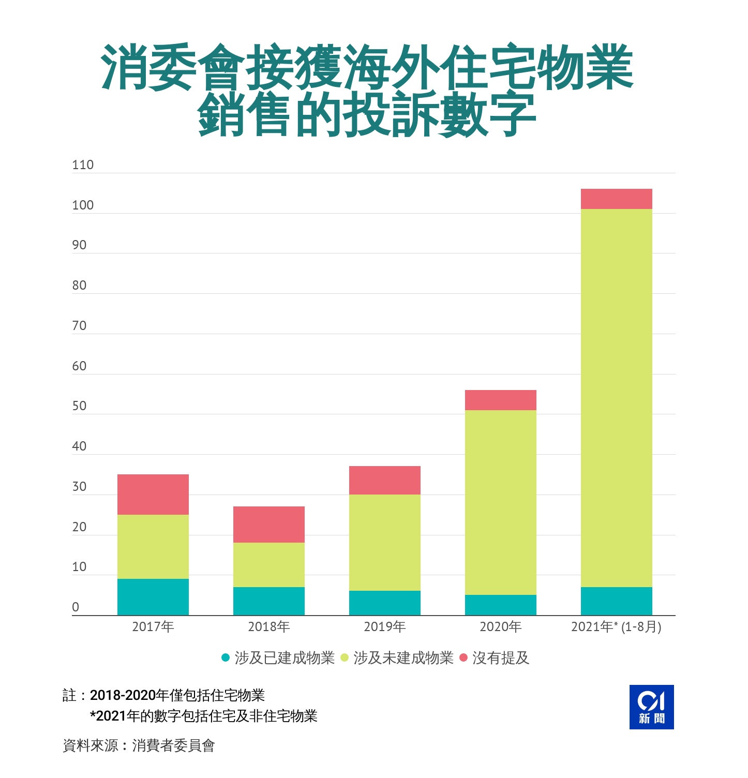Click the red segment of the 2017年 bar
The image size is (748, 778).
(x=153, y=494)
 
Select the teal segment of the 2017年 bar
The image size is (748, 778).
(x=153, y=596)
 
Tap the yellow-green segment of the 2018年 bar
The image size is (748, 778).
(x=268, y=564)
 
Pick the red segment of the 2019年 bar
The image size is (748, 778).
(x=384, y=480)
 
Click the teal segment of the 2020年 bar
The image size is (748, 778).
(x=500, y=605)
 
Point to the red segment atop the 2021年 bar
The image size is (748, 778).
(x=616, y=199)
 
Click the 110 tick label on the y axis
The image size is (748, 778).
(x=83, y=165)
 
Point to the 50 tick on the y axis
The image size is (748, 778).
(x=79, y=406)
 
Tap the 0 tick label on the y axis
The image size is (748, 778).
(x=76, y=607)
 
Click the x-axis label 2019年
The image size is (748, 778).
(x=384, y=627)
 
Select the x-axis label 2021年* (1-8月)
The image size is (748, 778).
(x=616, y=627)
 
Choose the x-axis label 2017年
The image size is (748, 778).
(x=153, y=627)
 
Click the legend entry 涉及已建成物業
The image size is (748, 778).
(x=284, y=658)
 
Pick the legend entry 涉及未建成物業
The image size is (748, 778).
(x=403, y=658)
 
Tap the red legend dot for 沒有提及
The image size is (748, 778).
(x=463, y=657)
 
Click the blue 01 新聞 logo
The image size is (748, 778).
(x=651, y=707)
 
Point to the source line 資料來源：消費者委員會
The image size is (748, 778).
(x=139, y=745)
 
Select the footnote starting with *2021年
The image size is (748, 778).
(x=203, y=716)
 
